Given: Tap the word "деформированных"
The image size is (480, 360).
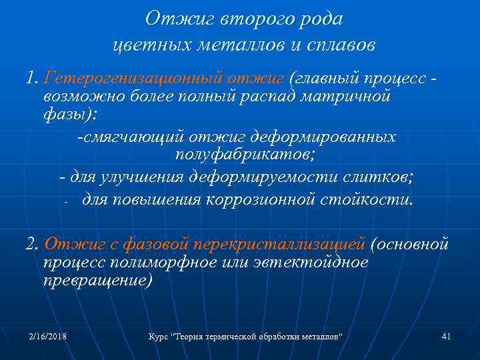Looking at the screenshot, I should pos(324,137).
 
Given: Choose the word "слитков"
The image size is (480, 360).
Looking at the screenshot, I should pos(377,178).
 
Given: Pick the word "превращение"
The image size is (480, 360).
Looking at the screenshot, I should pos(97,280).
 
